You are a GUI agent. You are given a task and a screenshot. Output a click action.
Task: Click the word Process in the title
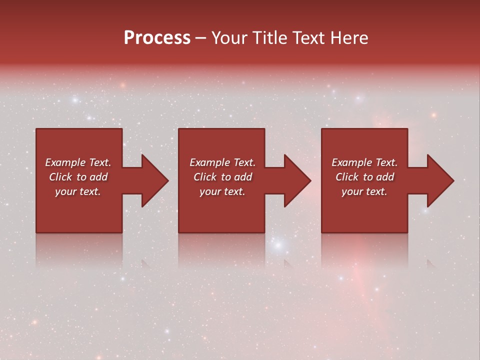[x=157, y=38]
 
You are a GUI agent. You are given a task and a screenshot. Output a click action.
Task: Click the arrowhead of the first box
[x=154, y=180]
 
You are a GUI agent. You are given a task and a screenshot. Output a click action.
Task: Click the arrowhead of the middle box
[x=296, y=180]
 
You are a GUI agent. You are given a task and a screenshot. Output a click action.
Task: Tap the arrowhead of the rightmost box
[x=439, y=180]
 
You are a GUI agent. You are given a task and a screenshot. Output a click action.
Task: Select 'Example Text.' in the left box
[x=78, y=162]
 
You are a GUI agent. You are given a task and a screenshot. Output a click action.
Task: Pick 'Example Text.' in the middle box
[x=222, y=162]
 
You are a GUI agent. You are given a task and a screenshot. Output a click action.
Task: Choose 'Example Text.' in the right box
[x=364, y=162]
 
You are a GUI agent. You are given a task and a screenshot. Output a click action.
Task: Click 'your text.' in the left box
[x=78, y=191]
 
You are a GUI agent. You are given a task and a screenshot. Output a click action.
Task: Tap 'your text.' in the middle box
[x=222, y=191]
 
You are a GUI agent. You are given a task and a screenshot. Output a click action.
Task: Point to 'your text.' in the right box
[x=364, y=191]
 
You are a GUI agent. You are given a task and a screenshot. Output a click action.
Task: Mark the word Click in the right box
[x=347, y=177]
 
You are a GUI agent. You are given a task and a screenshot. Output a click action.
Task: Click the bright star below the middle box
[x=278, y=245]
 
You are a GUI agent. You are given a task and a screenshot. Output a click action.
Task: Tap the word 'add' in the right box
[x=385, y=177]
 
